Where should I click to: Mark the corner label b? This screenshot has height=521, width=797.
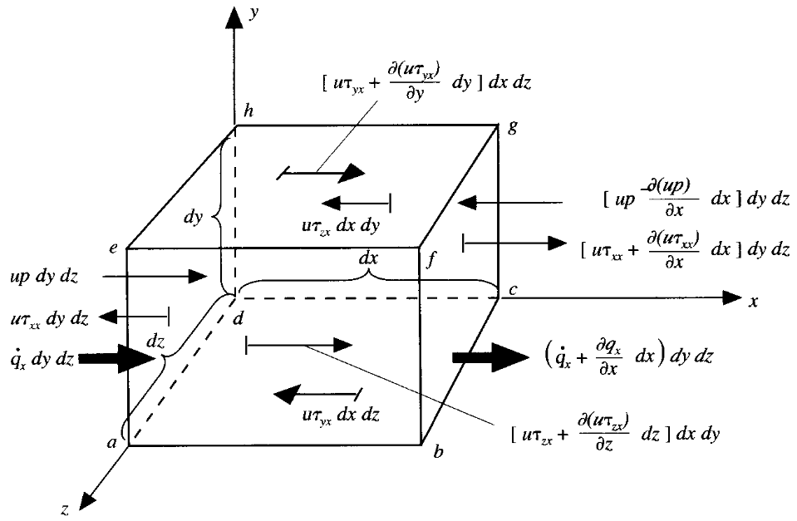click(x=438, y=453)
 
